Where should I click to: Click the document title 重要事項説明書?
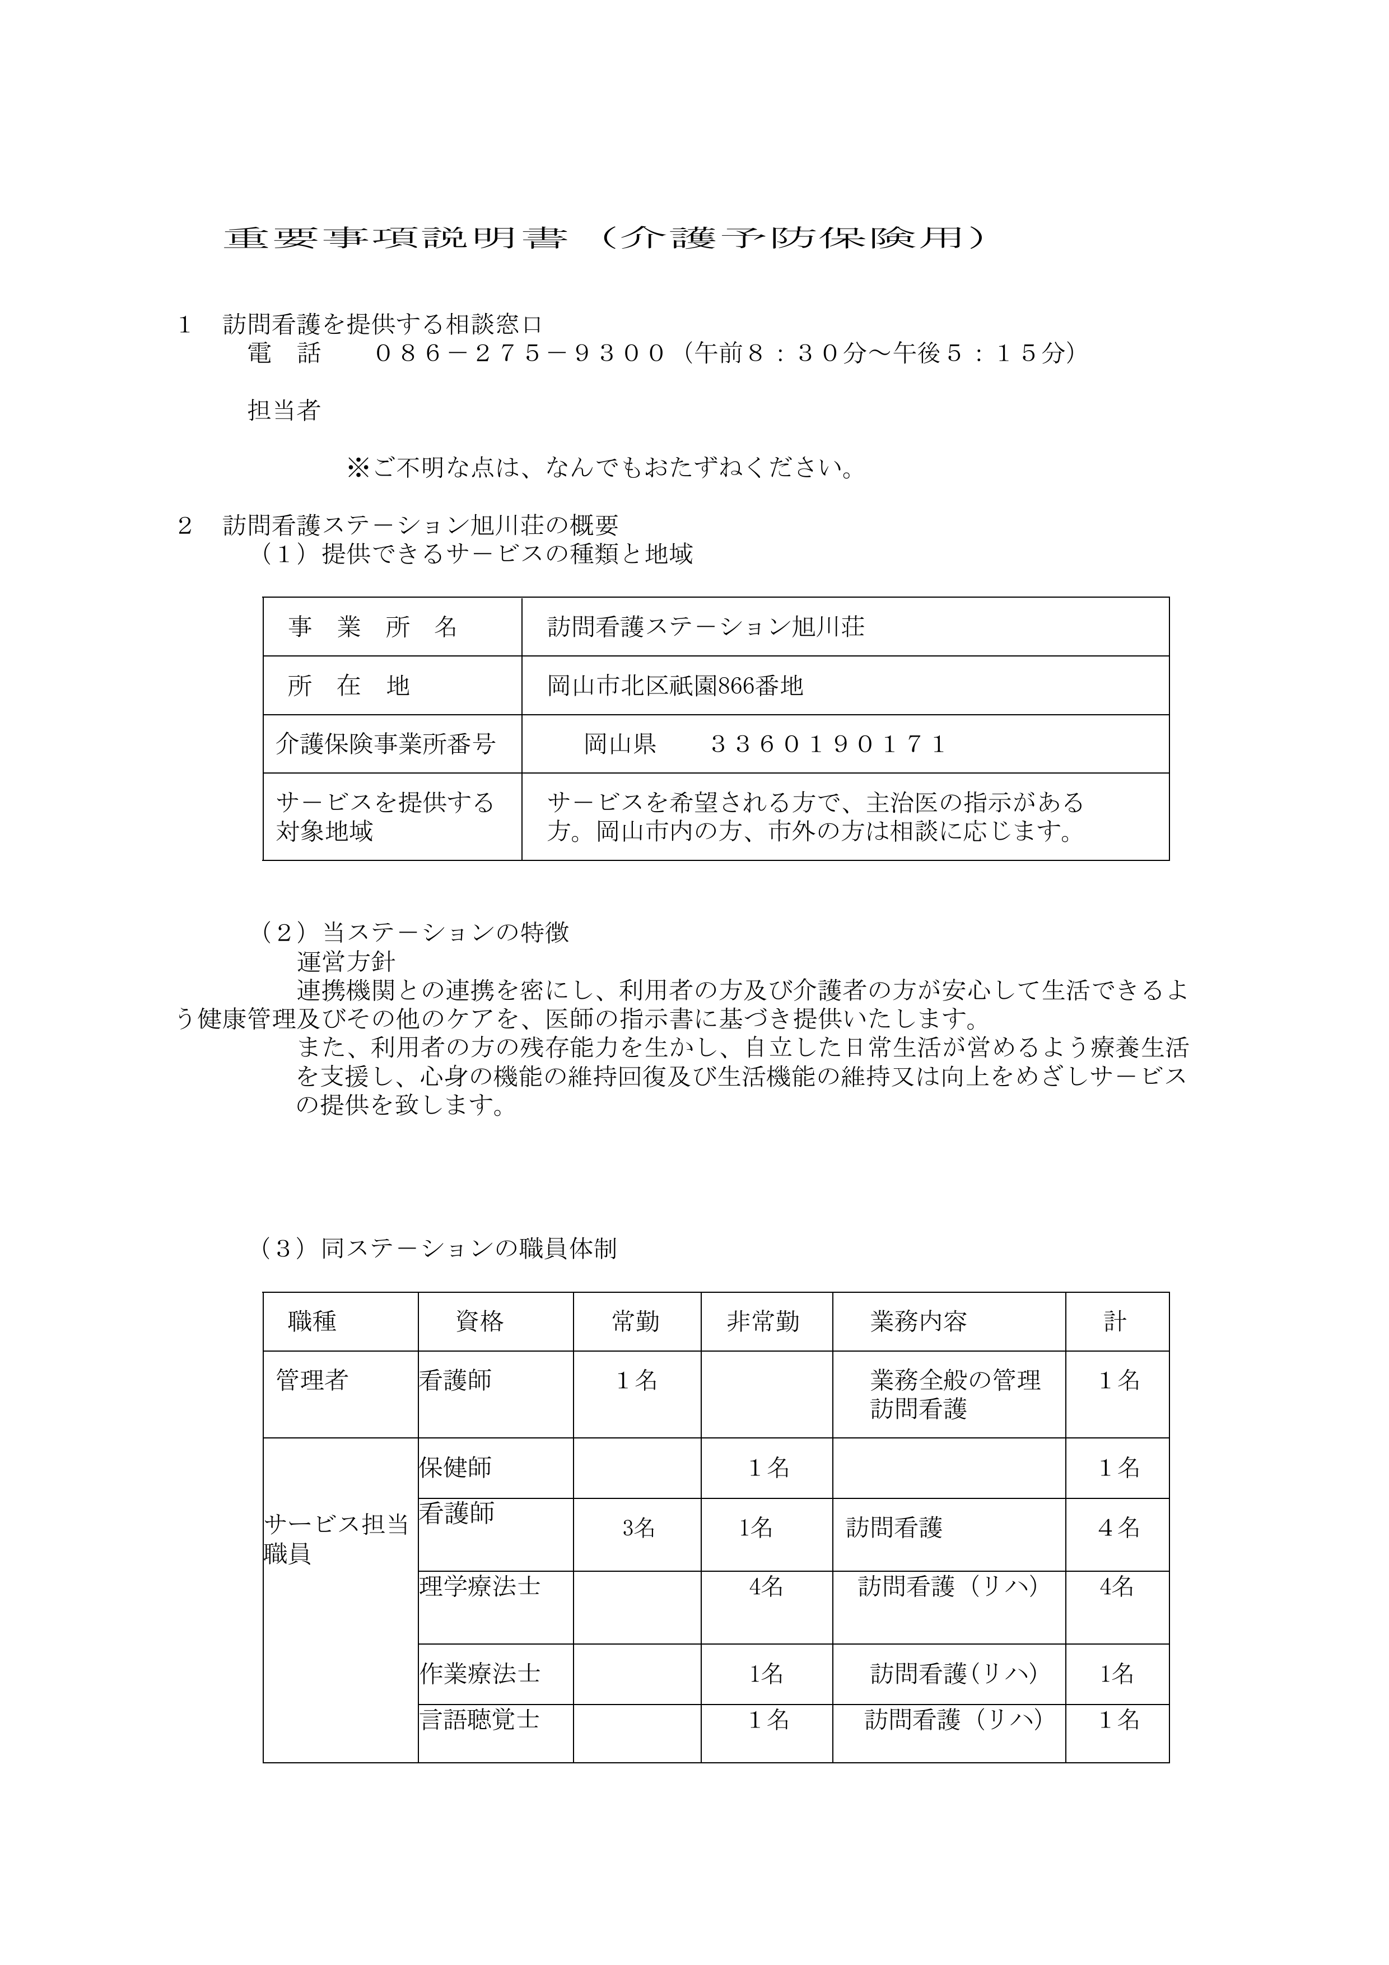click(395, 238)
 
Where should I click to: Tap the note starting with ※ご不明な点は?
click(601, 468)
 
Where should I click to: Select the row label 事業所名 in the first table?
click(374, 627)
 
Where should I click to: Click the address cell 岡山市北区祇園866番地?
click(675, 686)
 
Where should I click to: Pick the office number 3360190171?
click(828, 744)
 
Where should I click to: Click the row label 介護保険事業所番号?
click(385, 744)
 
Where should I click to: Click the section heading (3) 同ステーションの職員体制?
click(439, 1249)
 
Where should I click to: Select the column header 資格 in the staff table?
click(479, 1323)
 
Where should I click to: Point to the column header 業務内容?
click(919, 1323)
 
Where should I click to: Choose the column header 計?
click(1115, 1323)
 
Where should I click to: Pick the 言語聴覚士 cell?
click(479, 1720)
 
